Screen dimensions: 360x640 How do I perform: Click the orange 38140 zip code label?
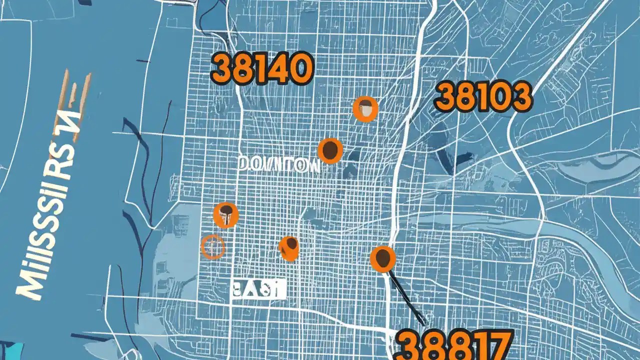point(261,69)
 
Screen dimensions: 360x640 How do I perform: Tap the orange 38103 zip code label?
point(482,97)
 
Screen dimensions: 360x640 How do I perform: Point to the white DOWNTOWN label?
point(278,164)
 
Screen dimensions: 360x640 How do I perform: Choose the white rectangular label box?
point(258,289)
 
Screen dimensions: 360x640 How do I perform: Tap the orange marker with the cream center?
point(365,109)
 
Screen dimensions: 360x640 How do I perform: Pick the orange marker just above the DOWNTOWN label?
point(330,150)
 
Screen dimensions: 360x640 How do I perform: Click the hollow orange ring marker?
point(212,246)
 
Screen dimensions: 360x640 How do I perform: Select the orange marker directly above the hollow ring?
point(225,215)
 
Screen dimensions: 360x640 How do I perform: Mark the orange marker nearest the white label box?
point(289,248)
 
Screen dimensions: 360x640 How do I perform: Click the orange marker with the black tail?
point(382,258)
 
